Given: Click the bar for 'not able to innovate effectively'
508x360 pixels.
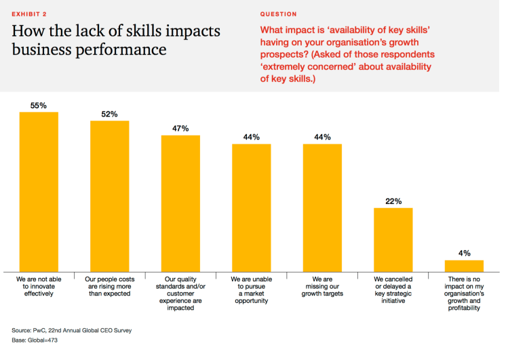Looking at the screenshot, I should pyautogui.click(x=39, y=191).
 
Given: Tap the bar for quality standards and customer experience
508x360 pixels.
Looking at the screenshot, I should pyautogui.click(x=180, y=203).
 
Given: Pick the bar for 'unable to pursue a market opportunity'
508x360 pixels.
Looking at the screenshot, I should pyautogui.click(x=252, y=207).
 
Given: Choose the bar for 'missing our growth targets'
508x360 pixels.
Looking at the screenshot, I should pyautogui.click(x=322, y=207).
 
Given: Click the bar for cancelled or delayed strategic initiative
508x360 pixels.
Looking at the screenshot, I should pyautogui.click(x=393, y=239).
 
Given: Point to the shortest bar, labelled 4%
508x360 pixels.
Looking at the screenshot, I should pyautogui.click(x=465, y=265).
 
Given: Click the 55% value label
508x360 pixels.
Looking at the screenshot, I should pyautogui.click(x=39, y=106).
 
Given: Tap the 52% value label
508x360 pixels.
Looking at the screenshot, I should pyautogui.click(x=110, y=115).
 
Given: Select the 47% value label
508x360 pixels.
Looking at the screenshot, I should pyautogui.click(x=180, y=129).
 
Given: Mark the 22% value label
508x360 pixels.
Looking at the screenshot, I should pyautogui.click(x=393, y=201).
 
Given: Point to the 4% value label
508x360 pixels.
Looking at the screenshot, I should pyautogui.click(x=465, y=254).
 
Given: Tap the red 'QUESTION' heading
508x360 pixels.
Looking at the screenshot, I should pyautogui.click(x=278, y=14).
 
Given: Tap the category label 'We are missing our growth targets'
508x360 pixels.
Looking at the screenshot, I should pyautogui.click(x=322, y=287).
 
